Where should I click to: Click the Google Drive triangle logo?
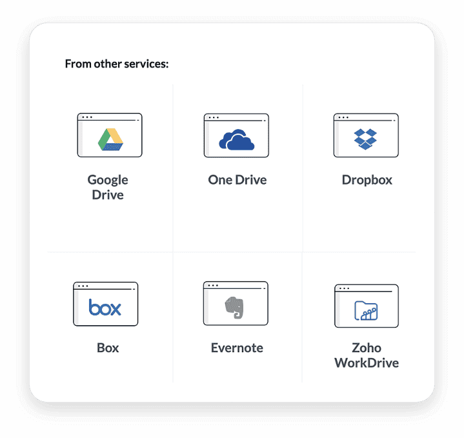tap(110, 139)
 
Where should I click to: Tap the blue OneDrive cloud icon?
tap(236, 139)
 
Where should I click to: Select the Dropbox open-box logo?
tap(366, 139)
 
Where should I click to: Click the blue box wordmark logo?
tap(105, 308)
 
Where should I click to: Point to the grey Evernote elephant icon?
tap(236, 308)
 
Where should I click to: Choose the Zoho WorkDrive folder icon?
tap(366, 310)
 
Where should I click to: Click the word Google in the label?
tap(108, 180)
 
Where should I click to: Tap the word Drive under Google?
tap(108, 195)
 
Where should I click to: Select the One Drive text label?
tap(237, 180)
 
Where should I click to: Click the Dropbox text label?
tap(367, 180)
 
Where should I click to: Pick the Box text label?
tap(108, 348)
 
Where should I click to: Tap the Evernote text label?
tap(237, 348)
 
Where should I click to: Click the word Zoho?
tap(367, 348)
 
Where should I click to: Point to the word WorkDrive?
tap(367, 363)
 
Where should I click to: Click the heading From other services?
tap(117, 64)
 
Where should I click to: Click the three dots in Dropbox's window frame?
tap(343, 117)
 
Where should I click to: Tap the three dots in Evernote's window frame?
tap(212, 285)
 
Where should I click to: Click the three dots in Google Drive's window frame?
tap(86, 117)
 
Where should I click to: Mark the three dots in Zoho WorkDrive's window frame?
tap(344, 288)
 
